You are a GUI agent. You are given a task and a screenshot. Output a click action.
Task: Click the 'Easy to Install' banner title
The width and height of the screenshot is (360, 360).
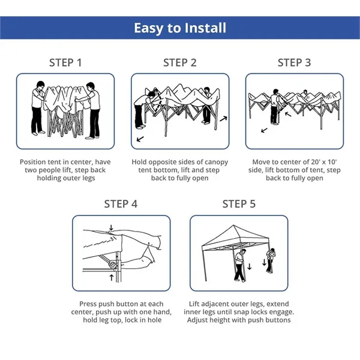[x=179, y=28]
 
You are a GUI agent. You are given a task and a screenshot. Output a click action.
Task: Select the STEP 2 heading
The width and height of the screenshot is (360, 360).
[x=179, y=62]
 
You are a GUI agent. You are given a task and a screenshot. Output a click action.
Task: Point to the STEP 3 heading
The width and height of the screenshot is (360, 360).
[x=294, y=62]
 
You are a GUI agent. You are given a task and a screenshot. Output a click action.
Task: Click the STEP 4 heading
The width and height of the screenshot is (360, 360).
[x=121, y=204]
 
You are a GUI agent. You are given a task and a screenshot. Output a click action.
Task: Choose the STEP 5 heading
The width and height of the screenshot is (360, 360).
[x=239, y=204]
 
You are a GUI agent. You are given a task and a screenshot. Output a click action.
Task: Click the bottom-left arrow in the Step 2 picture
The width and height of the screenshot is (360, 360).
[x=140, y=139]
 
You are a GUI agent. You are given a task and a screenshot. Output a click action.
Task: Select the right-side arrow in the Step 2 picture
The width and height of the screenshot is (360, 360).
[x=223, y=119]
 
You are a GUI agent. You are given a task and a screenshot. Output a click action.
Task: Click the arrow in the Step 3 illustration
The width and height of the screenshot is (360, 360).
[x=263, y=129]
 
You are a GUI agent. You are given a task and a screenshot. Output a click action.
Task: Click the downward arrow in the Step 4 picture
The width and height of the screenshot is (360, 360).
[x=111, y=227]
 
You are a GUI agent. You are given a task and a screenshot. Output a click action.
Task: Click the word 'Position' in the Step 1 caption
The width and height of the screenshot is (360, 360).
[x=35, y=162]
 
